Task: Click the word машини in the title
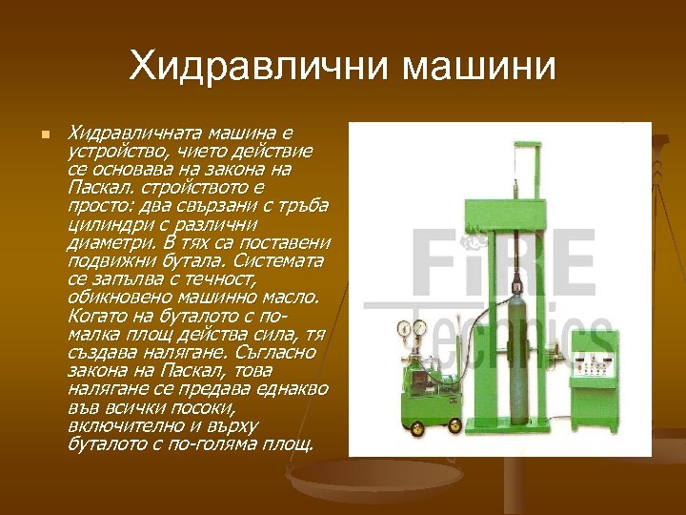[x=479, y=67]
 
